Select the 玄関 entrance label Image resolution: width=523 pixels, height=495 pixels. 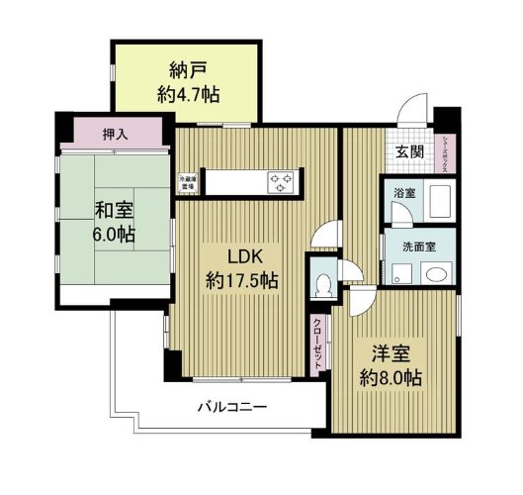pyautogui.click(x=409, y=151)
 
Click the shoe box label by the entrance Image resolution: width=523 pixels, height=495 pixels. pyautogui.click(x=446, y=154)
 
